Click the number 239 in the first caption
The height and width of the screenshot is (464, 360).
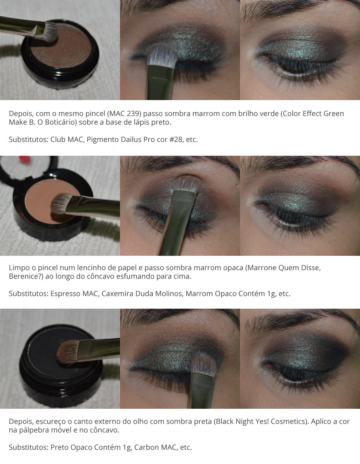pyautogui.click(x=133, y=114)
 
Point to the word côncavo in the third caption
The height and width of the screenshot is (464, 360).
pyautogui.click(x=105, y=430)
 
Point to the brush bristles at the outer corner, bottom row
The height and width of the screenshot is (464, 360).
pyautogui.click(x=204, y=366)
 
